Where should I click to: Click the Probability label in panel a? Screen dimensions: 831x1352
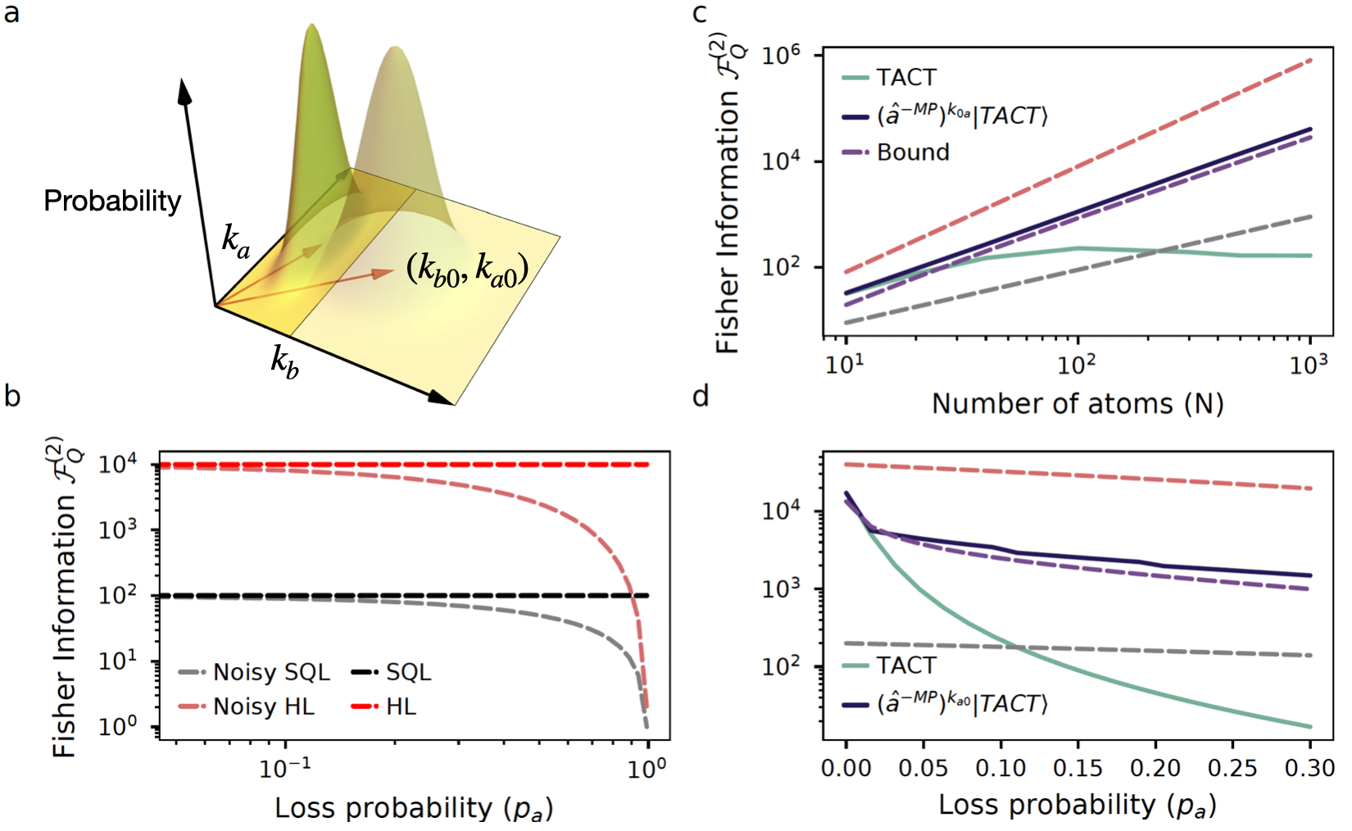pos(112,202)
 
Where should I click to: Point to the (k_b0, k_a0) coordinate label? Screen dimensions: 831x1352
pos(467,269)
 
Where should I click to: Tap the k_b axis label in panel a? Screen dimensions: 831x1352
pos(285,361)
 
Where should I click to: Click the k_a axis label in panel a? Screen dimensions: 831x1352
pos(236,242)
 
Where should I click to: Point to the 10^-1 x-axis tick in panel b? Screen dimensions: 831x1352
pos(285,769)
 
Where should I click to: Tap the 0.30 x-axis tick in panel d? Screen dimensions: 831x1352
pos(1311,769)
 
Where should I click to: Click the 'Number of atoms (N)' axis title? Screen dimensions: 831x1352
pos(1078,404)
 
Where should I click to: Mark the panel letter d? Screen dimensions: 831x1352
pos(700,397)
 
